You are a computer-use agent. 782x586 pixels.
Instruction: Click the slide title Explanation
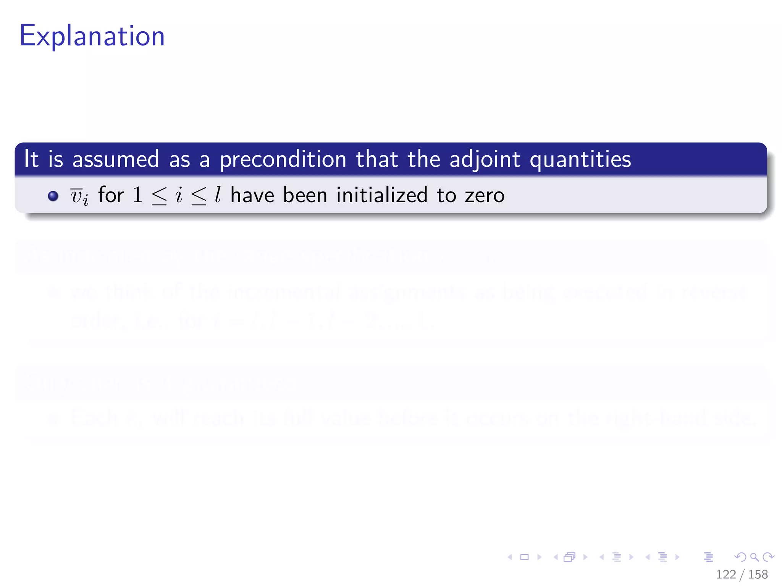92,36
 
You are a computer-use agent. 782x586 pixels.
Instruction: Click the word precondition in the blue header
283,159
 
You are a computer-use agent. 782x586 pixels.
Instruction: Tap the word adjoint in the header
485,159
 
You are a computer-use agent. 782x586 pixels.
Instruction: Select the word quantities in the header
580,159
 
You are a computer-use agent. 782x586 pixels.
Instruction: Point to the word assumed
116,159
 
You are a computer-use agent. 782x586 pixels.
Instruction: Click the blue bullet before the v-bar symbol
53,196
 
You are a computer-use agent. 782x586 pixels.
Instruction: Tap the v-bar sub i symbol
79,196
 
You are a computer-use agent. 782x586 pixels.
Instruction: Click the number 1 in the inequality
137,195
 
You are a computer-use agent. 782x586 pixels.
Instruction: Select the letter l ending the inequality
218,195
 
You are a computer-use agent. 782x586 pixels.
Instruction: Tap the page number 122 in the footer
726,575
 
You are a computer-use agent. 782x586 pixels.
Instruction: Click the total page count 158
758,575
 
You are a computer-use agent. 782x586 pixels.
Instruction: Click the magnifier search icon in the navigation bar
755,557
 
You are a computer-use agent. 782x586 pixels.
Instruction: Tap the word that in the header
377,159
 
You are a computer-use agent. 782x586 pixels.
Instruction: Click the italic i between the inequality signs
179,195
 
